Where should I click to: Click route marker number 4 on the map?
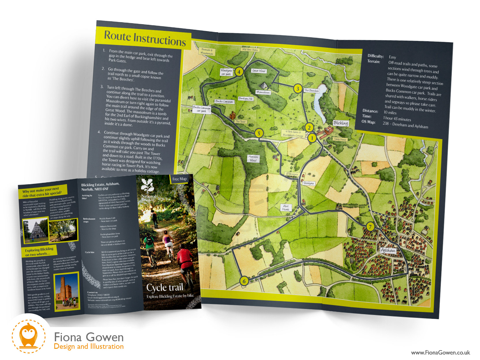[x=239, y=71]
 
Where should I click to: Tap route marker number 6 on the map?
[x=244, y=281]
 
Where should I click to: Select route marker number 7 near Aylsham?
[x=370, y=226]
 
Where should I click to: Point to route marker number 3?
[x=297, y=88]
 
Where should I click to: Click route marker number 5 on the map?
[x=259, y=133]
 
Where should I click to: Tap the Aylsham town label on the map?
[x=388, y=250]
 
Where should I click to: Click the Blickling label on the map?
[x=341, y=123]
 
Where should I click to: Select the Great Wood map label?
[x=259, y=71]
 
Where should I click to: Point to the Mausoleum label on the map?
[x=263, y=92]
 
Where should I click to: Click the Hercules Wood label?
[x=253, y=158]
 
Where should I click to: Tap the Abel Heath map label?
[x=286, y=208]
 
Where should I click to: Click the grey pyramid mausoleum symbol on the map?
[x=264, y=86]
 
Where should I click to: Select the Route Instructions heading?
[x=145, y=39]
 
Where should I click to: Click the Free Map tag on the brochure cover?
[x=179, y=179]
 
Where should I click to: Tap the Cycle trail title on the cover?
[x=165, y=287]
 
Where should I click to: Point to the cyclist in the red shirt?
[x=185, y=259]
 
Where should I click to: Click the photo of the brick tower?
[x=67, y=291]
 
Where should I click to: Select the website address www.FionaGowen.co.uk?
[x=440, y=353]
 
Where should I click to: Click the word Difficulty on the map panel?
[x=375, y=56]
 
